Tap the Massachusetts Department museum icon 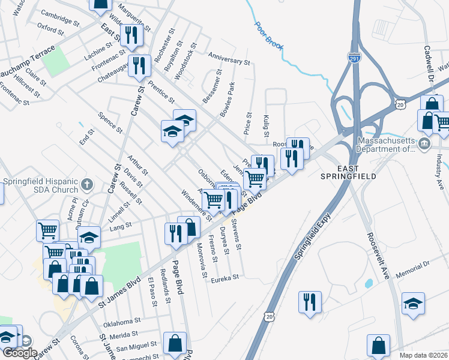pyautogui.click(x=424, y=143)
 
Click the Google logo pyautogui.click(x=20, y=353)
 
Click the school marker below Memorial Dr pyautogui.click(x=414, y=302)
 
